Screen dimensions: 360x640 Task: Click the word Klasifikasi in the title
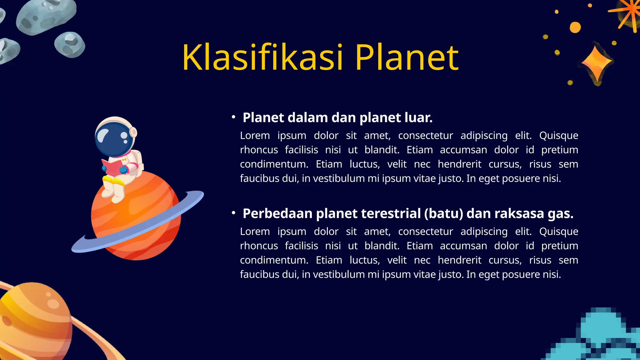(x=262, y=57)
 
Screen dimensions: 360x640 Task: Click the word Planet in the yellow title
(x=406, y=57)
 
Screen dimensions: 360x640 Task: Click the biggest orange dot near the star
(x=575, y=27)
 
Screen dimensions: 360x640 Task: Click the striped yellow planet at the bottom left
(x=34, y=322)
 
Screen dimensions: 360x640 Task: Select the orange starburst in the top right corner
(x=628, y=14)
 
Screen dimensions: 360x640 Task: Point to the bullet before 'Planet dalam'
(x=233, y=117)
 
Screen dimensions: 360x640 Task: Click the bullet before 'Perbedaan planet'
(x=233, y=213)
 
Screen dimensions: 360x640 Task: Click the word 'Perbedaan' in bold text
(x=277, y=214)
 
